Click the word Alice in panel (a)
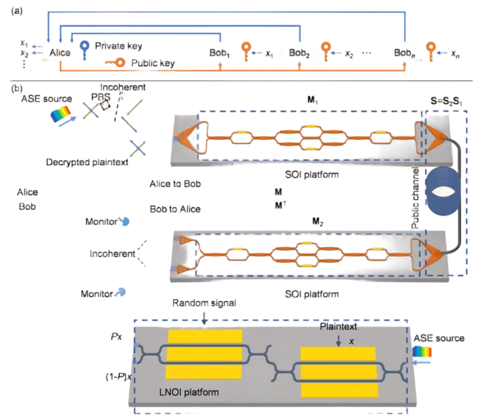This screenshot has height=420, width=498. pos(60,52)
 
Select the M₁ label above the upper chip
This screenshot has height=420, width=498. pos(312,101)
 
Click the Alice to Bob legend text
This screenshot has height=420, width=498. pos(175,183)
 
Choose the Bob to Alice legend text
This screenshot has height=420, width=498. pos(175,210)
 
